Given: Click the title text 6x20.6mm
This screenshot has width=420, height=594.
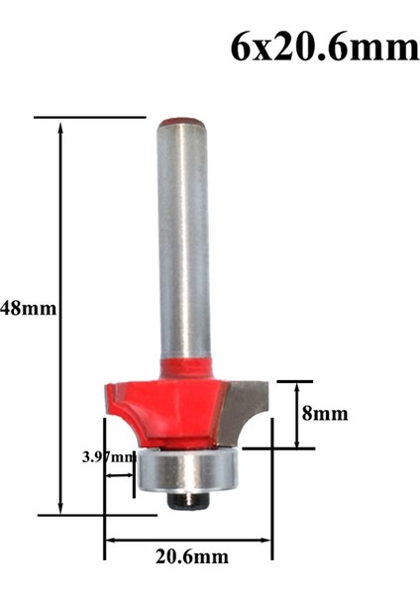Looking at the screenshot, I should tap(324, 46).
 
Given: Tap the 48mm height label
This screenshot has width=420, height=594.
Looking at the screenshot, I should tap(29, 308).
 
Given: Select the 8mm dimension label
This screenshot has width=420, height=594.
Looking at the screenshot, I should tap(325, 414).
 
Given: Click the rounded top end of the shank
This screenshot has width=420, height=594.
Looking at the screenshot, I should tap(183, 122).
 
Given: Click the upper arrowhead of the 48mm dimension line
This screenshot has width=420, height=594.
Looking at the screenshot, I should tap(61, 126).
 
